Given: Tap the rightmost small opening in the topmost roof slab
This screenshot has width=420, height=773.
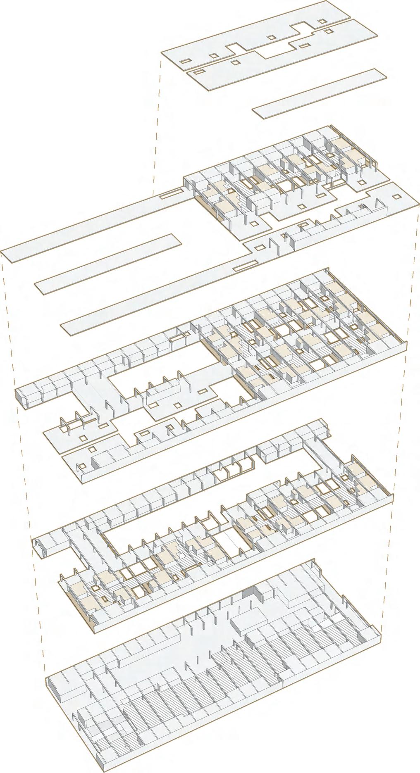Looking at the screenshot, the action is tap(328, 31).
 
